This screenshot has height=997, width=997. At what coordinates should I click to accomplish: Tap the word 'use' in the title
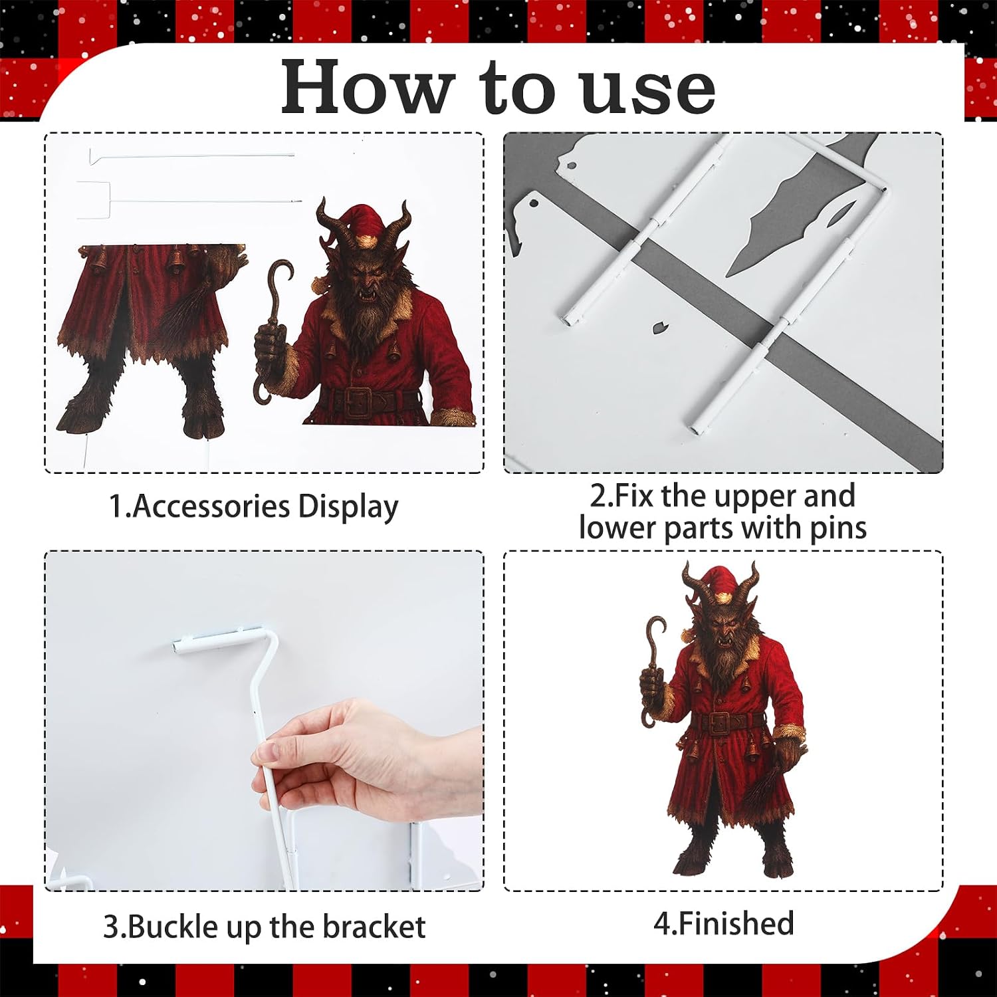pyautogui.click(x=647, y=91)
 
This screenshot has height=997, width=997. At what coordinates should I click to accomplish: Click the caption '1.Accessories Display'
pyautogui.click(x=253, y=506)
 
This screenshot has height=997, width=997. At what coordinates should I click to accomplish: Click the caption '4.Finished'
pyautogui.click(x=724, y=923)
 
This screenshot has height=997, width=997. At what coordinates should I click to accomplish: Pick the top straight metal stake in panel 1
pyautogui.click(x=192, y=157)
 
